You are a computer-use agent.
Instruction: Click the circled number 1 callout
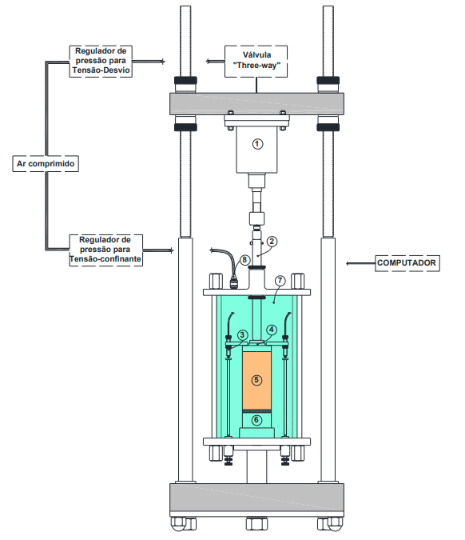(x=257, y=144)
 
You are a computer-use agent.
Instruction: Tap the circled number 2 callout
(x=272, y=241)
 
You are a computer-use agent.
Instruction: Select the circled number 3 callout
(x=242, y=334)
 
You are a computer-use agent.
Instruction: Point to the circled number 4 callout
(x=272, y=330)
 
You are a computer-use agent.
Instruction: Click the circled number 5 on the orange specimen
(x=256, y=380)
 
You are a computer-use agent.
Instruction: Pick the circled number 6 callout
(x=256, y=420)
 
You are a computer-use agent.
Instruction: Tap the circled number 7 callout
(x=280, y=281)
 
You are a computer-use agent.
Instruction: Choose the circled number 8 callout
(x=244, y=259)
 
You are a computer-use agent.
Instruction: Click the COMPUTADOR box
(x=407, y=263)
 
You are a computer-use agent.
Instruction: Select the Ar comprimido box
(x=46, y=163)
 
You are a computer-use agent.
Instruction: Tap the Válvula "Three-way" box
(x=256, y=62)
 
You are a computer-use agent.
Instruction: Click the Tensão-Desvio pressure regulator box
(x=101, y=62)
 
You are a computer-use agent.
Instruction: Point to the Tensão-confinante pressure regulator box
(x=106, y=250)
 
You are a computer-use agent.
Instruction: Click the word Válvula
(x=256, y=54)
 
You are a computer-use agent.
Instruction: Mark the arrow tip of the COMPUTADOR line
(x=346, y=263)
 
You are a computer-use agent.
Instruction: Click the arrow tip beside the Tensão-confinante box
(x=173, y=250)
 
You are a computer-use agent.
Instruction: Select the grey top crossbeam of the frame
(x=256, y=104)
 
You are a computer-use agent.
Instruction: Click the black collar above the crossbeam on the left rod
(x=185, y=81)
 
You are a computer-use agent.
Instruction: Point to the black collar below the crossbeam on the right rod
(x=328, y=127)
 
